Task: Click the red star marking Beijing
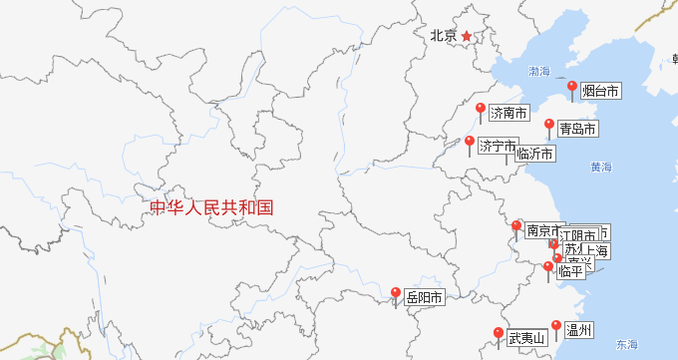click(x=466, y=36)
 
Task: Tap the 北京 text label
click(x=444, y=36)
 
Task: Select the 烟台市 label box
click(x=600, y=92)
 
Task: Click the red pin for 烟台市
click(x=572, y=88)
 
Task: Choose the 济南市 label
click(x=508, y=114)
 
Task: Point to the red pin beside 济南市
click(x=481, y=109)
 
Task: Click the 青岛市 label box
click(x=577, y=129)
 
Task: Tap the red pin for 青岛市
click(x=549, y=125)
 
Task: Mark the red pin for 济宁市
click(x=470, y=143)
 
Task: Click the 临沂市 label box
click(x=533, y=154)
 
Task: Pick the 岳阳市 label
click(x=424, y=297)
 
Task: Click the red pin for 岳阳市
click(x=396, y=294)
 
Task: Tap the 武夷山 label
click(x=526, y=338)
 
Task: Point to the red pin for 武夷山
click(x=499, y=334)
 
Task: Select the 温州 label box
click(x=579, y=330)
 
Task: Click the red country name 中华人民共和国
click(x=211, y=208)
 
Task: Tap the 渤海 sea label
click(x=539, y=72)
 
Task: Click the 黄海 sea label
click(x=600, y=167)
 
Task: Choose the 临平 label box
click(x=571, y=270)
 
